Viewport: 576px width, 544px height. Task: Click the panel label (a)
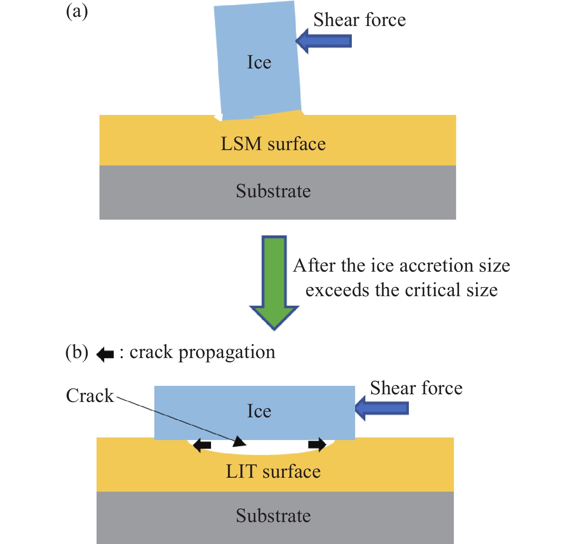[x=77, y=12]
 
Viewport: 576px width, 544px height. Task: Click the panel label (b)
[x=77, y=352]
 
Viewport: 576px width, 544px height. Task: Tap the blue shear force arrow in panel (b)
[x=382, y=408]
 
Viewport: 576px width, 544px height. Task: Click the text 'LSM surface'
[x=273, y=144]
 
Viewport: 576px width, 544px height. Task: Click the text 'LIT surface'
[x=273, y=471]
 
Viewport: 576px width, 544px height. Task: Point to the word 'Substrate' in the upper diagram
[x=273, y=191]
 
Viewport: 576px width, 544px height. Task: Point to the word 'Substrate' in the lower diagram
[x=273, y=515]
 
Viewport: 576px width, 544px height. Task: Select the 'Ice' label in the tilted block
[x=259, y=62]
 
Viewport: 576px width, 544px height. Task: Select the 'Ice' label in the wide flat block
[x=259, y=411]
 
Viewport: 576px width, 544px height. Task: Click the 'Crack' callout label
[x=90, y=395]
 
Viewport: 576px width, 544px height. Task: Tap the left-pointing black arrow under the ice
[x=202, y=445]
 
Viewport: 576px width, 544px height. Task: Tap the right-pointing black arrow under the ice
[x=317, y=444]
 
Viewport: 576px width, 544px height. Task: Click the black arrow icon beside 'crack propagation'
[x=105, y=354]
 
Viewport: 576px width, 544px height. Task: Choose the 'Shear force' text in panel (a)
[x=359, y=19]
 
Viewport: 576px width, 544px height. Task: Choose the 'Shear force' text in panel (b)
[x=416, y=388]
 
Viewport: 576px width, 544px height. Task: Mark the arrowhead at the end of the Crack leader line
[x=240, y=441]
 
